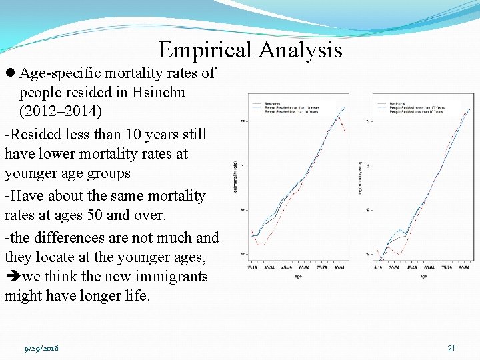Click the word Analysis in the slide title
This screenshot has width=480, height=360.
pyautogui.click(x=300, y=50)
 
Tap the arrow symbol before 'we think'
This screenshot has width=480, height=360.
pyautogui.click(x=12, y=277)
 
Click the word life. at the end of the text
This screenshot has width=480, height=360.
pyautogui.click(x=136, y=295)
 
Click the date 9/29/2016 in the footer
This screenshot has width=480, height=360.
pyautogui.click(x=41, y=349)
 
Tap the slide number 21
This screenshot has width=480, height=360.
pyautogui.click(x=451, y=349)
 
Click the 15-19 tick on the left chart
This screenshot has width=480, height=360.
pyautogui.click(x=253, y=268)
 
